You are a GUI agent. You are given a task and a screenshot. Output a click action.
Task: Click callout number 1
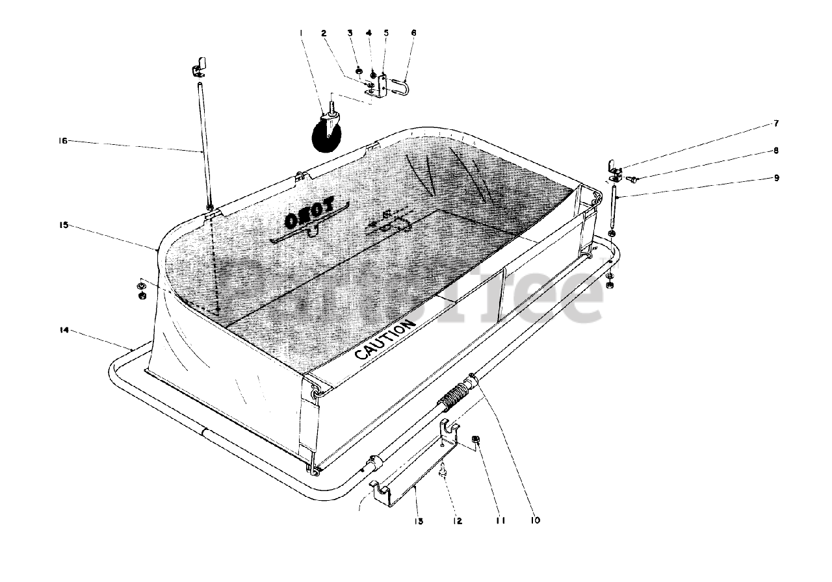coord(302,32)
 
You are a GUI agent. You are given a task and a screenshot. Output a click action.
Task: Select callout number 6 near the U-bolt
coord(413,32)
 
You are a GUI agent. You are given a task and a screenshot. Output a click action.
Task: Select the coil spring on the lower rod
coord(457,396)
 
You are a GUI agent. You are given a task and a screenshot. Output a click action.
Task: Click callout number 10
coord(536,520)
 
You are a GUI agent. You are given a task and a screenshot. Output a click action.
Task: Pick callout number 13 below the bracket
coord(419,520)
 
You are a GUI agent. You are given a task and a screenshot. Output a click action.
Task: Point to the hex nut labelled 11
coord(475,441)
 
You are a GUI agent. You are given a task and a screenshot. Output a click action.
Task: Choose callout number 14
coord(63,330)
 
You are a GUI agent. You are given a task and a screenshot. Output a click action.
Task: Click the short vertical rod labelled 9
coord(614,207)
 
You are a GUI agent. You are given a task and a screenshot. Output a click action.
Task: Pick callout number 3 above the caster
coord(349,32)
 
